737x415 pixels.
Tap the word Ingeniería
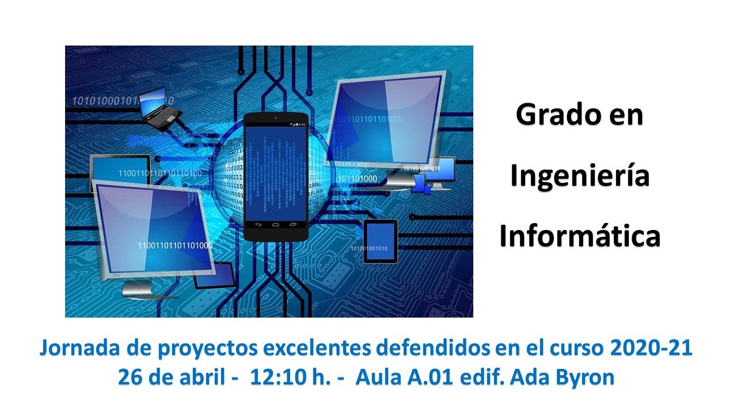580,177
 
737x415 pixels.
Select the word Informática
580,235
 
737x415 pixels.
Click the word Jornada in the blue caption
79,348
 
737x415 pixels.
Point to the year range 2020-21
651,348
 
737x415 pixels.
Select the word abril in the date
203,377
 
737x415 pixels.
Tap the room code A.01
430,377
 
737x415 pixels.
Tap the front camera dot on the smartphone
276,118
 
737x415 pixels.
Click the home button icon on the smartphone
276,225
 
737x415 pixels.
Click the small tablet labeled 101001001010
381,242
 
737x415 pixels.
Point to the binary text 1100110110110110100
160,173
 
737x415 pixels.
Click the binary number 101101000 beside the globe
358,179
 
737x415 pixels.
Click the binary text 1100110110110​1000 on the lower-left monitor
175,246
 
